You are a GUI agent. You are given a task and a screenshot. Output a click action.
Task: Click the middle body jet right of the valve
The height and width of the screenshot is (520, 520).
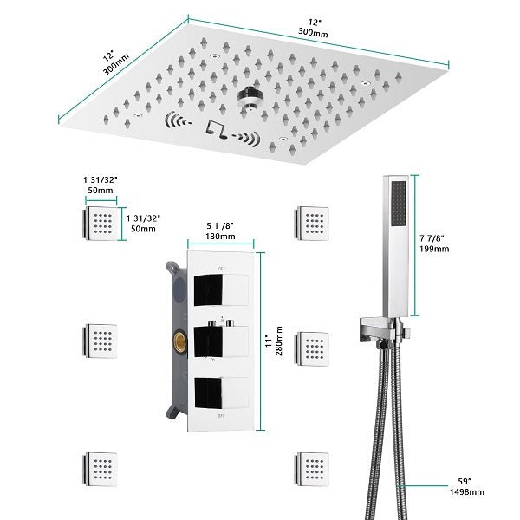313,344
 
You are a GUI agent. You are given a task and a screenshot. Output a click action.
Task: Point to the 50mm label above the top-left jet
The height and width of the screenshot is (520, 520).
101,188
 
